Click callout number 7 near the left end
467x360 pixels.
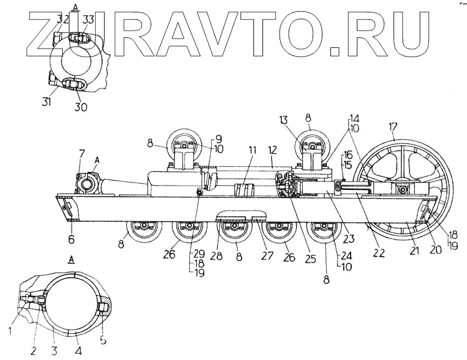(x=82, y=154)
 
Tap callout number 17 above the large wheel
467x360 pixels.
(x=394, y=128)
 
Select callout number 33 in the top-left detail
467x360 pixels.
(x=88, y=21)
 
